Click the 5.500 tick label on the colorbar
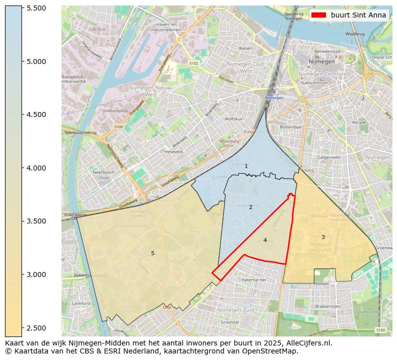click(x=36, y=8)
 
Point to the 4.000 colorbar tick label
click(x=36, y=168)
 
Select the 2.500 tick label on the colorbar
click(x=36, y=327)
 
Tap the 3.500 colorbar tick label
click(x=36, y=221)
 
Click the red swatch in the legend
click(x=318, y=15)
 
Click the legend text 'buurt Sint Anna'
click(x=358, y=15)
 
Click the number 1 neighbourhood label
click(x=246, y=166)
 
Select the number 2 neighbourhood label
click(x=250, y=207)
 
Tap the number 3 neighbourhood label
click(x=323, y=237)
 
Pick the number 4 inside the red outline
click(x=265, y=240)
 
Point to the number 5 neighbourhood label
click(x=152, y=253)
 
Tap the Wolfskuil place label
click(x=233, y=119)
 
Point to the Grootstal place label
click(x=229, y=322)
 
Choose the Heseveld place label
click(x=173, y=151)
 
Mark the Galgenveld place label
click(x=328, y=157)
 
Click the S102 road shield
click(x=194, y=63)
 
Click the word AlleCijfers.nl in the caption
click(x=305, y=343)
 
